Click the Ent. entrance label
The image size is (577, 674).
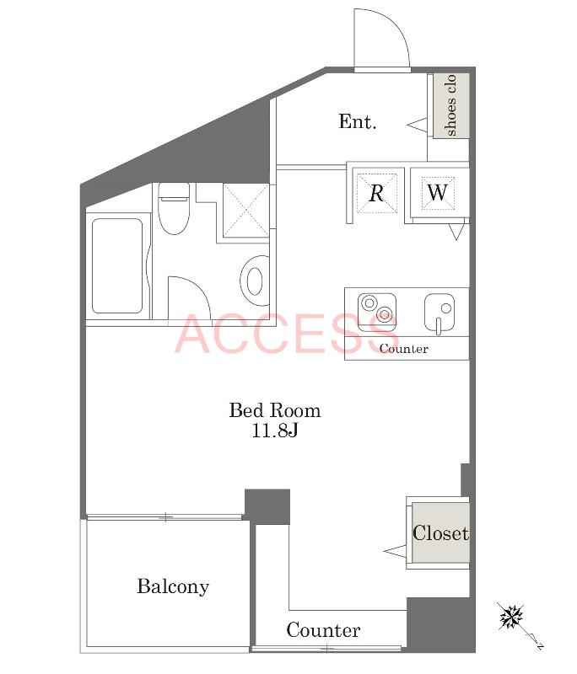point(357,121)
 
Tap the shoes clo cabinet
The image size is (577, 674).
point(450,106)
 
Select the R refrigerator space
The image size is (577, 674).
point(376,193)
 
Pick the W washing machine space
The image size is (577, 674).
point(438,193)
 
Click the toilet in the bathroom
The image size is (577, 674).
point(174,208)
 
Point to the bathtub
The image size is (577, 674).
point(117,266)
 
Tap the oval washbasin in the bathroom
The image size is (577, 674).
point(255,281)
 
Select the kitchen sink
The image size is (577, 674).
point(439,313)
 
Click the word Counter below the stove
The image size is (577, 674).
point(403,349)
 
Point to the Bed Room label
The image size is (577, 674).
point(274,410)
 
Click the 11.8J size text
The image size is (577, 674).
point(274,431)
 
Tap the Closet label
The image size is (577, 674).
point(440,533)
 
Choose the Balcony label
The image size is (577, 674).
point(173,586)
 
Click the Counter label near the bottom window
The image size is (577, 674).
point(323,630)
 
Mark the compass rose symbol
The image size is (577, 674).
point(511,618)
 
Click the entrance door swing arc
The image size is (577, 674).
point(393,27)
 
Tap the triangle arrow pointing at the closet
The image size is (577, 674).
point(395,551)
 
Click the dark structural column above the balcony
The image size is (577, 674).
point(267,506)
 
